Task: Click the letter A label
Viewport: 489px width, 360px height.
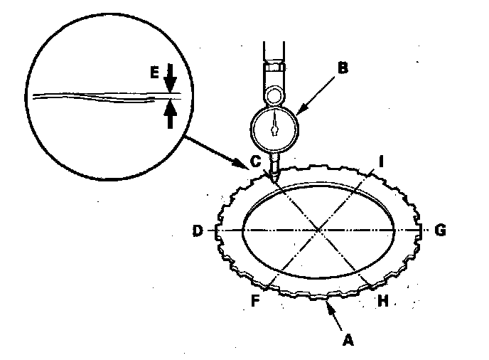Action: [348, 340]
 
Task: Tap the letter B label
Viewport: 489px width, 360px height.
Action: [344, 69]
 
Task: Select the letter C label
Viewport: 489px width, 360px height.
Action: [254, 162]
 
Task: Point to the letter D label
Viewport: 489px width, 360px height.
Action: [197, 231]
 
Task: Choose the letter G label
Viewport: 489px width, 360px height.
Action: [441, 231]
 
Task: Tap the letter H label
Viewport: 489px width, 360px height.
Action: [383, 300]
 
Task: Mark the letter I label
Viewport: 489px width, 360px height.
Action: [382, 162]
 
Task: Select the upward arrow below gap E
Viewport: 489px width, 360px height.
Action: [170, 113]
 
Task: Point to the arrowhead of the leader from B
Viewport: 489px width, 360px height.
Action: [299, 112]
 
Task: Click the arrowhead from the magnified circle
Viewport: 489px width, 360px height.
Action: [246, 165]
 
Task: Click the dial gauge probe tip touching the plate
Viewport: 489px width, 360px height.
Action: [274, 177]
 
